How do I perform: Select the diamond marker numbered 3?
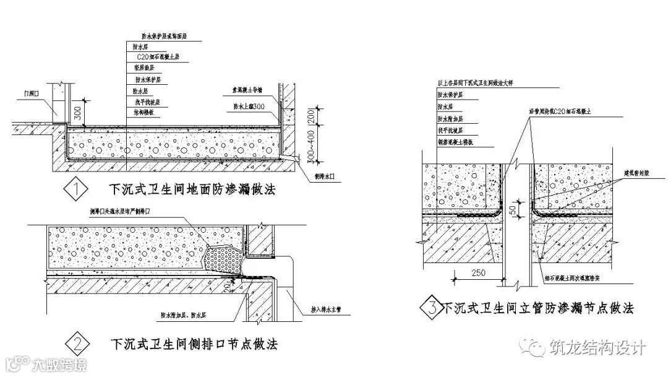pos(429,305)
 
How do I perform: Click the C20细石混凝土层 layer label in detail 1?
pos(157,56)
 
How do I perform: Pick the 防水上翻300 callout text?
pos(250,106)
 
